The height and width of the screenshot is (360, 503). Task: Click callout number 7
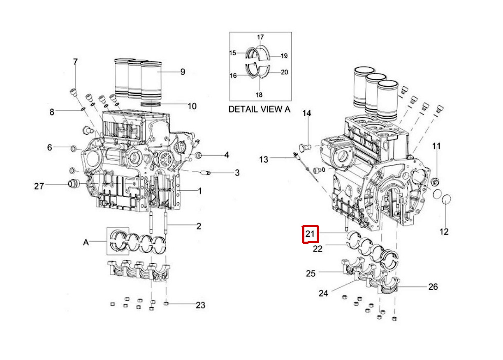point(75,62)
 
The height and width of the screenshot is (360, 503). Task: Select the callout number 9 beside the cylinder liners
point(183,72)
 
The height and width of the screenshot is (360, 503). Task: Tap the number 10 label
point(192,106)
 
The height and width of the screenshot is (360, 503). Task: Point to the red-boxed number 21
point(310,234)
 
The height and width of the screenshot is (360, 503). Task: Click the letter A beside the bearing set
point(86,243)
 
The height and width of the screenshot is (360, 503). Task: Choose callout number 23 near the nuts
point(200,305)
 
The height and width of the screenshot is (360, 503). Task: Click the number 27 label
point(39,186)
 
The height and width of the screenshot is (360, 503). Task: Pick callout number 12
point(444,232)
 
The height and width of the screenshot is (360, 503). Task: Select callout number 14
point(308,113)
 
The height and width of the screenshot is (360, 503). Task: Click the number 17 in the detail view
point(260,37)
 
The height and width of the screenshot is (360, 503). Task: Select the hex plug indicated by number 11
point(436,182)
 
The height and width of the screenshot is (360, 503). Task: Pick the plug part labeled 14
point(304,146)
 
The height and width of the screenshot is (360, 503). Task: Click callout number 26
point(433,287)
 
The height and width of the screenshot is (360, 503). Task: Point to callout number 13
point(263,159)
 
